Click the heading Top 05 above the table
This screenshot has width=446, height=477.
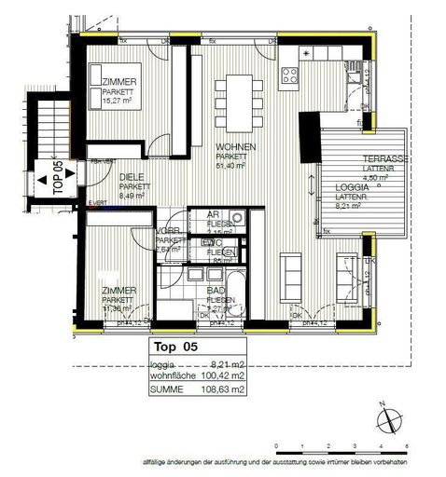tap(172, 346)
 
